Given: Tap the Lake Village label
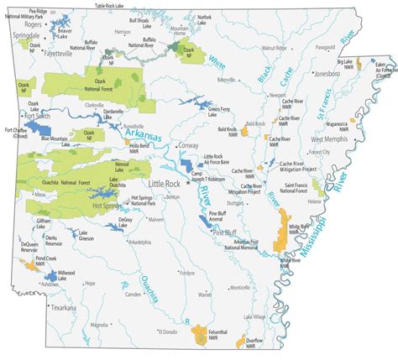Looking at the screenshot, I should tap(255, 317).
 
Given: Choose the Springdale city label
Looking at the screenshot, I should tap(28, 38).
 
